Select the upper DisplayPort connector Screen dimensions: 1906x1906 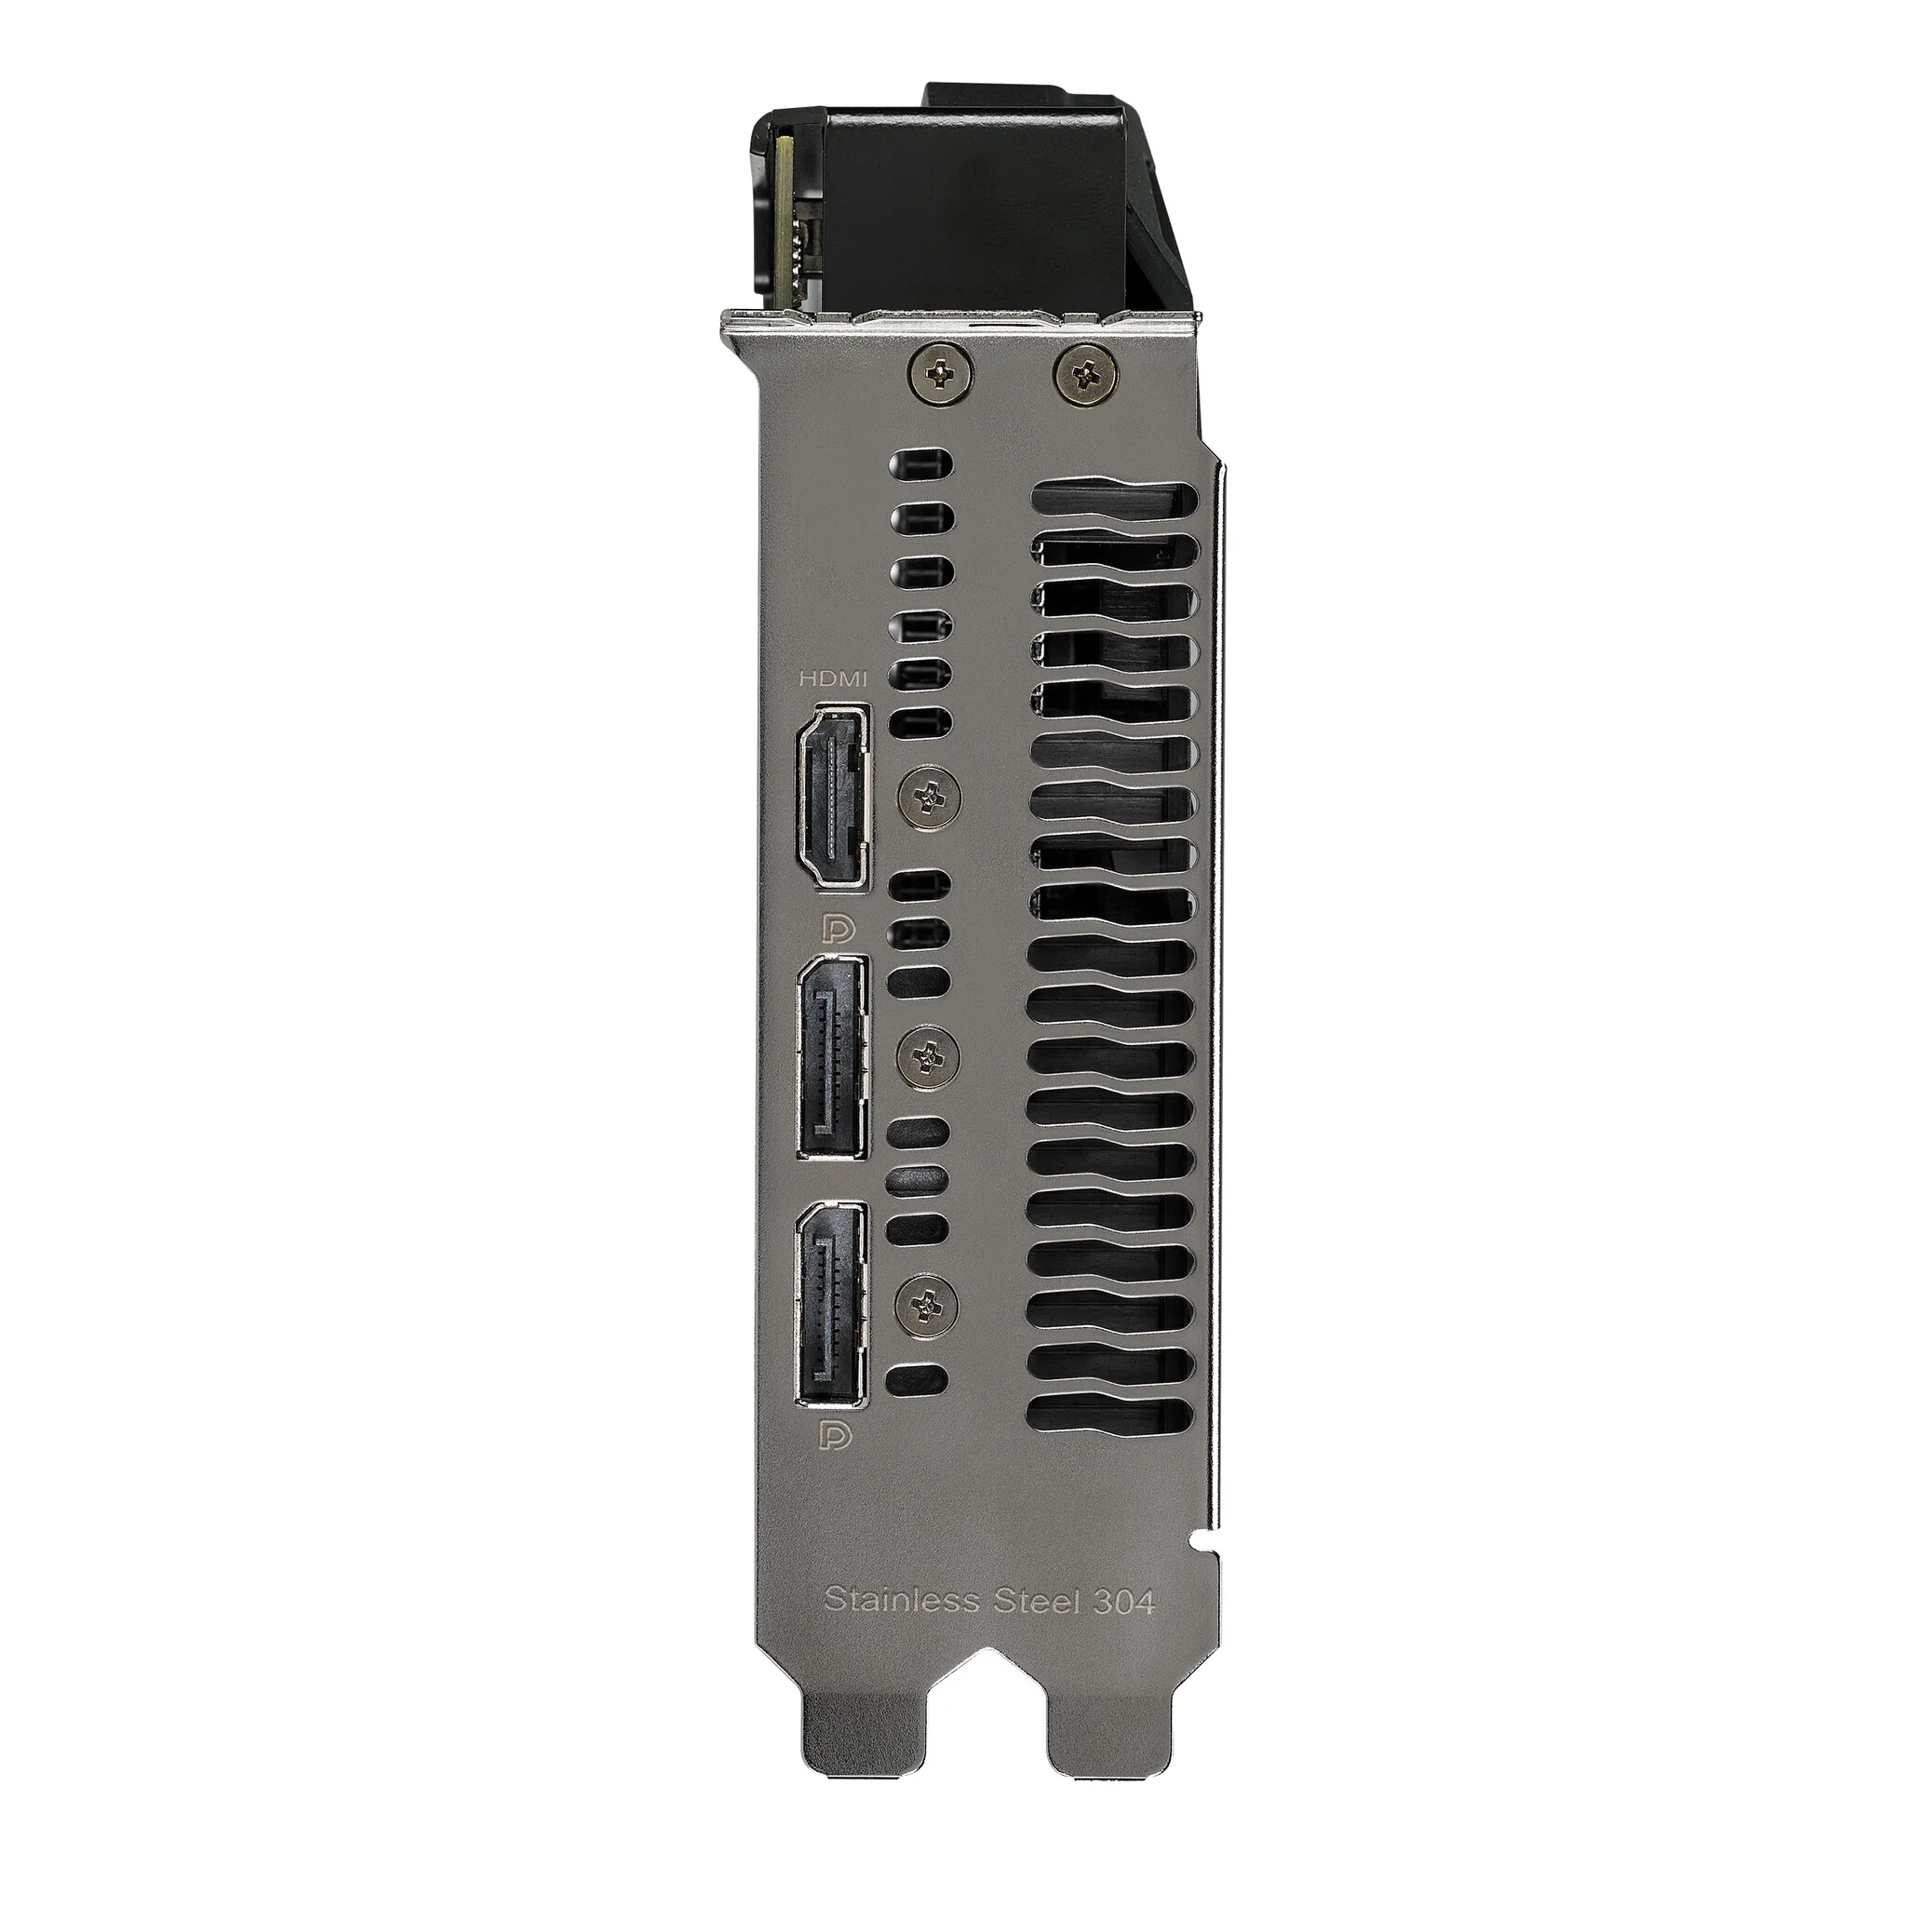(833, 1058)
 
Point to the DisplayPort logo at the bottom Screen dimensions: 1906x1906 (839, 1435)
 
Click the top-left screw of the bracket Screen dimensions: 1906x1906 (942, 372)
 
